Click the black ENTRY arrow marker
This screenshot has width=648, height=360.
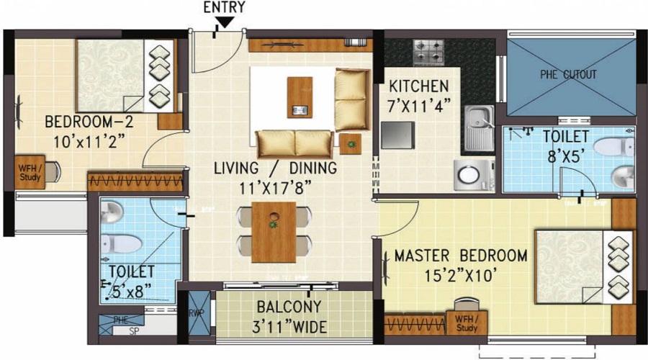[224, 23]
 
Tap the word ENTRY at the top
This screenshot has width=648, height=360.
[224, 8]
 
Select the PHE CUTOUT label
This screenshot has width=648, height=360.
[568, 74]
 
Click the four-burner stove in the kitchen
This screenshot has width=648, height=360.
[430, 52]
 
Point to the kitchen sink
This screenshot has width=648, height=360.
[478, 128]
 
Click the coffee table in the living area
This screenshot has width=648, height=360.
[300, 96]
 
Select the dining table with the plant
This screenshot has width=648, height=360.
[274, 232]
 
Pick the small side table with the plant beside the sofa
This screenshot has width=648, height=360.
[350, 143]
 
